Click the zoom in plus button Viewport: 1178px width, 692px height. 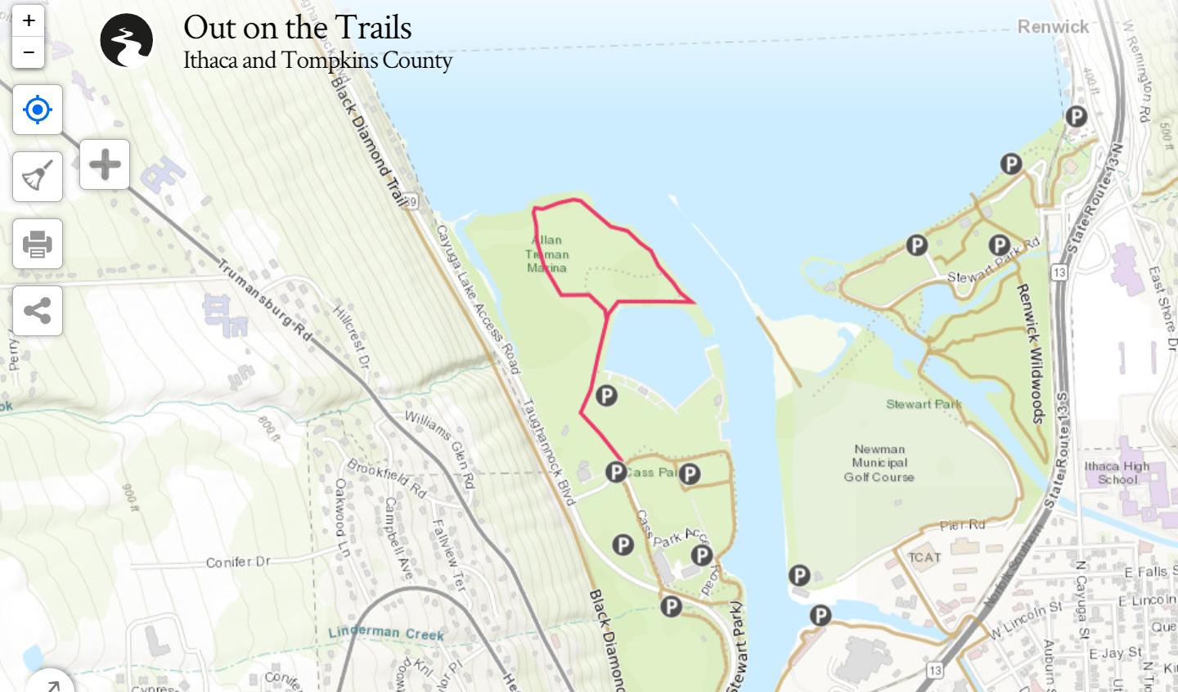click(x=29, y=21)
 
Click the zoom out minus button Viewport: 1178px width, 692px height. click(x=29, y=53)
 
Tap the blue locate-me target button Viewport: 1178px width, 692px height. click(x=38, y=110)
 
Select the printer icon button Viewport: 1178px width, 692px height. click(x=38, y=244)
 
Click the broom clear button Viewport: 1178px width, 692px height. click(x=38, y=177)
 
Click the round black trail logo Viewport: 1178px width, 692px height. click(x=127, y=40)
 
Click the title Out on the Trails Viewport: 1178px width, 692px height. click(x=297, y=28)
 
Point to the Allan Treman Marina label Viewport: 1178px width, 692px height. click(x=547, y=254)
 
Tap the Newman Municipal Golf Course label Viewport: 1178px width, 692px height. click(x=879, y=463)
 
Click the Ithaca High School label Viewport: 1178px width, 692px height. click(x=1117, y=473)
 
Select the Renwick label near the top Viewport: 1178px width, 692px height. click(x=1053, y=27)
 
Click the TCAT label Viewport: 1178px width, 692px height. click(x=924, y=558)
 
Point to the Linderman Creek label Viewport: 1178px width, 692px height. click(x=385, y=632)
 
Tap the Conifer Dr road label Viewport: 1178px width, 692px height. click(x=238, y=562)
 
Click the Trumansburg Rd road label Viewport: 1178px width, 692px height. click(x=264, y=299)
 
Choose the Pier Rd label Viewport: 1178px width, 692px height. click(x=962, y=525)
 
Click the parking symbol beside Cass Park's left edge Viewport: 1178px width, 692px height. click(x=616, y=472)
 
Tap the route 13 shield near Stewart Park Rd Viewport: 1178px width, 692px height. click(x=1059, y=272)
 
